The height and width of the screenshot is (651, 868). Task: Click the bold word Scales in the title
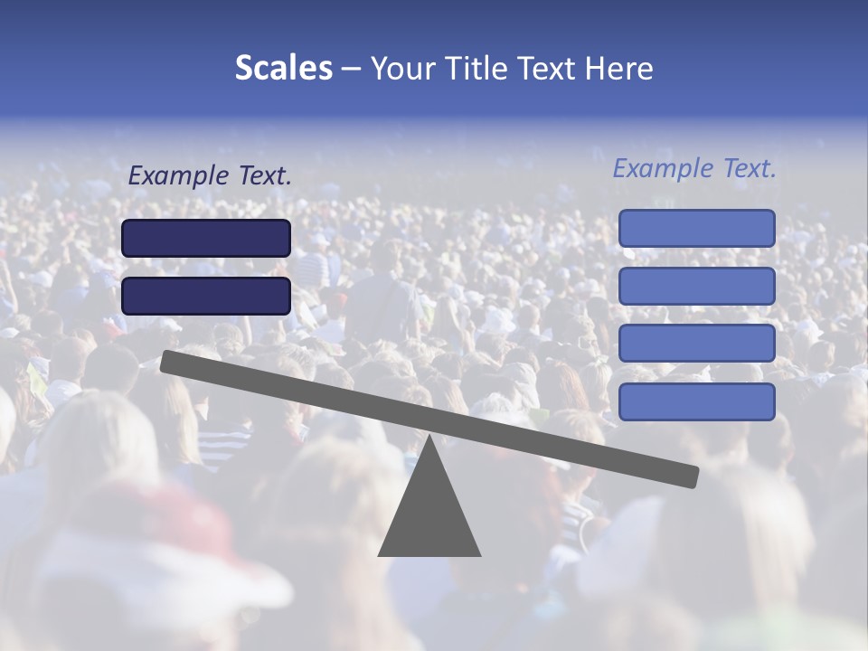click(283, 69)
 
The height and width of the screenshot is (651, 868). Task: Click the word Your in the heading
click(402, 69)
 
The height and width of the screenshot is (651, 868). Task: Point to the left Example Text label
click(210, 176)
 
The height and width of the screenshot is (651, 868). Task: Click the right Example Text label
click(694, 168)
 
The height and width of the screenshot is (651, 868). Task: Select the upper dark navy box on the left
click(206, 238)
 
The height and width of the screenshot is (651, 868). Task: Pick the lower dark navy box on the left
click(206, 296)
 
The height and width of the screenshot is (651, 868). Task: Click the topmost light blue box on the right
click(696, 228)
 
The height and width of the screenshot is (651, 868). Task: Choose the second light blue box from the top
click(696, 286)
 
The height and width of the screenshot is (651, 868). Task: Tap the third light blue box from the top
click(696, 344)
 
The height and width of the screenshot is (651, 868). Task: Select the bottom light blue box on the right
click(696, 401)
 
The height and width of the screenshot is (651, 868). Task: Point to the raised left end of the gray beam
click(168, 361)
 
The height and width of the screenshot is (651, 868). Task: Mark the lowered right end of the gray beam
click(692, 476)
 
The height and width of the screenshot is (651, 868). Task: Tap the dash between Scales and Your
click(352, 69)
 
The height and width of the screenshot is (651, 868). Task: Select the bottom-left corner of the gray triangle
click(380, 554)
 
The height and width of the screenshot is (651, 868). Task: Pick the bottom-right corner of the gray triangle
click(479, 554)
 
